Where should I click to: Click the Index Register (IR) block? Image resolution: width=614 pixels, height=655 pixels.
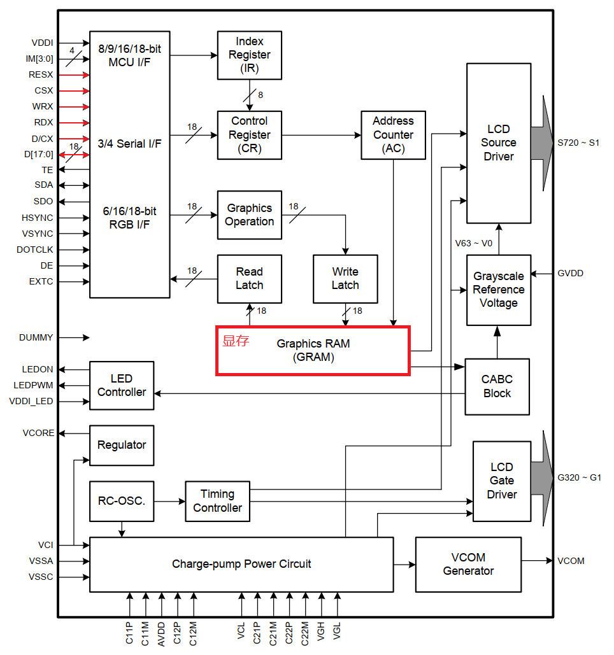click(x=249, y=55)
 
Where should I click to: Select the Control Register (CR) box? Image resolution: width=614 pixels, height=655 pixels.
click(x=249, y=135)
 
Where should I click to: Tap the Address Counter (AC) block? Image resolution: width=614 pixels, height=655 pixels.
click(x=393, y=135)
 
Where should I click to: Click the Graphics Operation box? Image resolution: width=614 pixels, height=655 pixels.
click(x=249, y=215)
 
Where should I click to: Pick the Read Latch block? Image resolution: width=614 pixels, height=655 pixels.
click(x=249, y=279)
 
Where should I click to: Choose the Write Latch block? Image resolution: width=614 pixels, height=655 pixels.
click(x=345, y=279)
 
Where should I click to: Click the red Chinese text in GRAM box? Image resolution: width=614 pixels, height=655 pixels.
click(x=235, y=341)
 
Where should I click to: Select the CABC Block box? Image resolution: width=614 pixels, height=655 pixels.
click(x=497, y=386)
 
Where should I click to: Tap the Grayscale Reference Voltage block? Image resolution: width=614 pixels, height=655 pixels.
click(x=498, y=290)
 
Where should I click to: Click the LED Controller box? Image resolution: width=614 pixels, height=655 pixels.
click(x=122, y=386)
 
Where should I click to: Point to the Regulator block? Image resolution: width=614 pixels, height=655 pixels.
click(x=122, y=445)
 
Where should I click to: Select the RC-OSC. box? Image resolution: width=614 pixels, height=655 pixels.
click(x=122, y=501)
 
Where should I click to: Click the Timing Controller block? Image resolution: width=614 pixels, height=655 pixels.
click(x=217, y=501)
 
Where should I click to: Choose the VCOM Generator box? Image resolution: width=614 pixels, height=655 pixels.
click(x=468, y=564)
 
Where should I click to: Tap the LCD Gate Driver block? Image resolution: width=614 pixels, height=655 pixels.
click(x=501, y=481)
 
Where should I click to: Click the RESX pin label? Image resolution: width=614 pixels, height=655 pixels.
click(x=41, y=75)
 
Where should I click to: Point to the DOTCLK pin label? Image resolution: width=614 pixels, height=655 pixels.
click(x=35, y=250)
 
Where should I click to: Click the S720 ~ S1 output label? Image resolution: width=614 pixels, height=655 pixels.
click(x=578, y=143)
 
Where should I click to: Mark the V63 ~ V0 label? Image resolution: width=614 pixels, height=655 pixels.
click(x=473, y=243)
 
